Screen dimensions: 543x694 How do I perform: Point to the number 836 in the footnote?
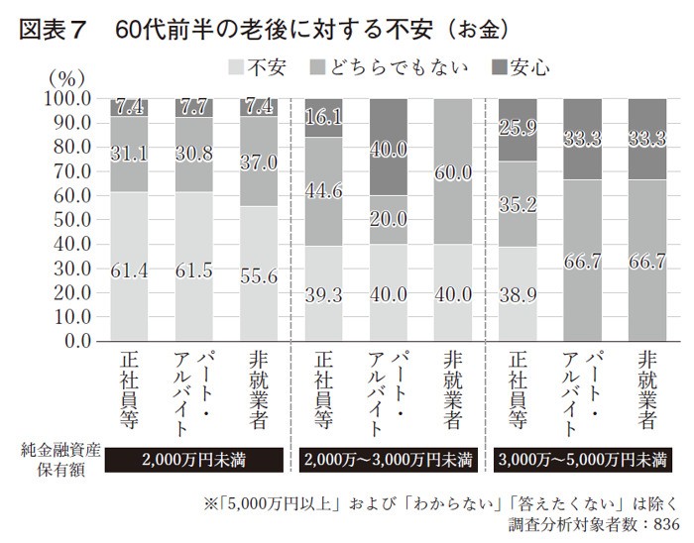pyautogui.click(x=662, y=523)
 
